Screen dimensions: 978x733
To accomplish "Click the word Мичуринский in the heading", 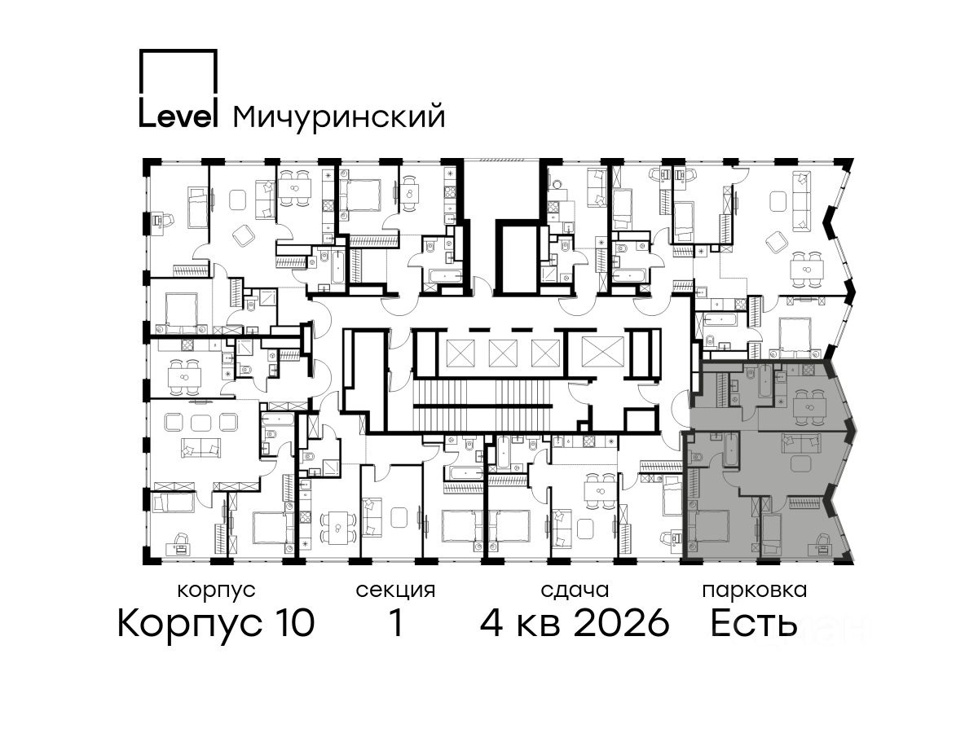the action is tap(338, 116).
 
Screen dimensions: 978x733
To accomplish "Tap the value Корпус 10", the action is tap(216, 624).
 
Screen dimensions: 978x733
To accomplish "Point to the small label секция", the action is tap(395, 590).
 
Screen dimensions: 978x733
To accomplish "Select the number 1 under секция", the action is tap(394, 623).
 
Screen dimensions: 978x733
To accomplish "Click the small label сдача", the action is tap(575, 590).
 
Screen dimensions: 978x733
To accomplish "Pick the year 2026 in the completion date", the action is tap(621, 623).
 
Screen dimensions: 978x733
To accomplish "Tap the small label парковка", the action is tap(755, 590).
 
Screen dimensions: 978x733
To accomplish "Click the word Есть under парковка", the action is tap(753, 623).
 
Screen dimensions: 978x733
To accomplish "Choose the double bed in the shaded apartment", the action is tap(708, 528).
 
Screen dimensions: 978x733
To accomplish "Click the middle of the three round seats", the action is tap(200, 421).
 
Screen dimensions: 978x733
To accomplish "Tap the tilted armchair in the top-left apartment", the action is tap(244, 235).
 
